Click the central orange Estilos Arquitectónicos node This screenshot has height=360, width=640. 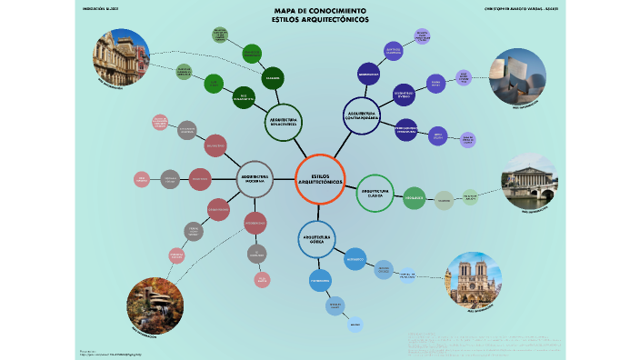point(320,179)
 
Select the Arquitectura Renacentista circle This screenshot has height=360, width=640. point(284,123)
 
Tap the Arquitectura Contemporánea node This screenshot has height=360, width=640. point(361,116)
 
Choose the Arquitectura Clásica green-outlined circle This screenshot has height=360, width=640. point(375,193)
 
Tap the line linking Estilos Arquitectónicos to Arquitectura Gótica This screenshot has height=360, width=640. point(319,213)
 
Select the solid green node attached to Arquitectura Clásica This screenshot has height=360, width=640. point(414,197)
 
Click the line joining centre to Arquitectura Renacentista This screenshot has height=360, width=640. point(301,150)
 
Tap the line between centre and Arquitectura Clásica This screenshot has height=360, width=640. point(350,185)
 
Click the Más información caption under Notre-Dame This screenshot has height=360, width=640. point(474,321)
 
